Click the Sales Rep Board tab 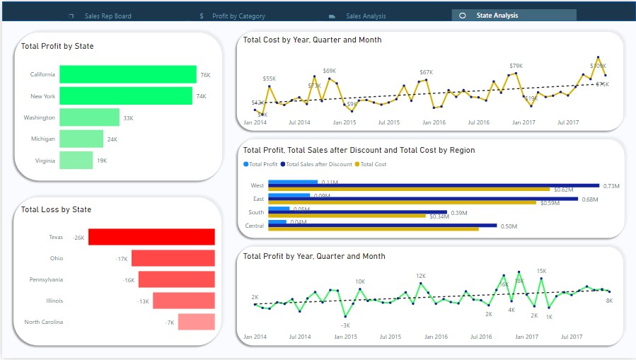[108, 16]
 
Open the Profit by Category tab [238, 16]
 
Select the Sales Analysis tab [366, 16]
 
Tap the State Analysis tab [497, 15]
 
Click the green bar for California [127, 74]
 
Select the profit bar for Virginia [76, 161]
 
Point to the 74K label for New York [201, 96]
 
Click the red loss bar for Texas [151, 238]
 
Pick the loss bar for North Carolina [196, 322]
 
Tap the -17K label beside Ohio [122, 259]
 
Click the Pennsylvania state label [46, 279]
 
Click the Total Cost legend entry [373, 164]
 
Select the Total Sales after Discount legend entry [318, 164]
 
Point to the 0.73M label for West [611, 186]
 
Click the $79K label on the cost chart [516, 66]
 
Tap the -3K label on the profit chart [345, 325]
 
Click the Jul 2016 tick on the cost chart [478, 122]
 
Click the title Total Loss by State [56, 209]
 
